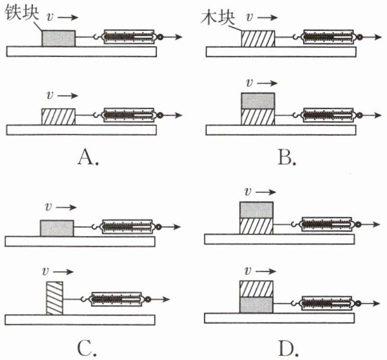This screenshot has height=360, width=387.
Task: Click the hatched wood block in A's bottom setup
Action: pyautogui.click(x=58, y=116)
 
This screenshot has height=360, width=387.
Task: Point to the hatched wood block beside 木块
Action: pyautogui.click(x=258, y=39)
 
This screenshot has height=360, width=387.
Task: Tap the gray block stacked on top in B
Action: pyautogui.click(x=258, y=100)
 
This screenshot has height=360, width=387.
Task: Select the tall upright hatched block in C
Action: pyautogui.click(x=54, y=299)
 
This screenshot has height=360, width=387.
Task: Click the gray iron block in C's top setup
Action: pyautogui.click(x=57, y=228)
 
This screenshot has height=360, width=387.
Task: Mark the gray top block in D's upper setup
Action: pyautogui.click(x=257, y=209)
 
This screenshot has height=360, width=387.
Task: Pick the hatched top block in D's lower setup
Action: pyautogui.click(x=257, y=288)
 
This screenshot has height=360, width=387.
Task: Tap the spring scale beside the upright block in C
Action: pyautogui.click(x=117, y=300)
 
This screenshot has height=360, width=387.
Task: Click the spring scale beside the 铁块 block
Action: pyautogui.click(x=129, y=37)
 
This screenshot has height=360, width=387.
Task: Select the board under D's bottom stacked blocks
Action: pyautogui.click(x=279, y=318)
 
